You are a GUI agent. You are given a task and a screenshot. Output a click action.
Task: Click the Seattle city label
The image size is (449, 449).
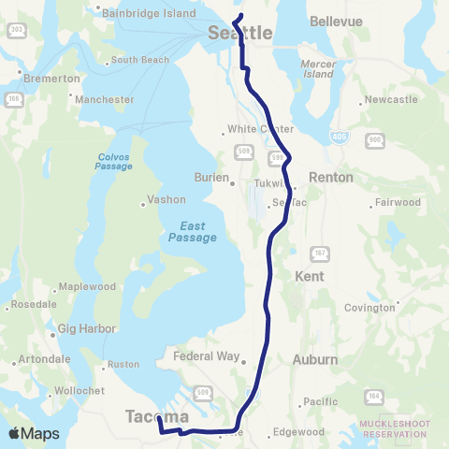(x=240, y=34)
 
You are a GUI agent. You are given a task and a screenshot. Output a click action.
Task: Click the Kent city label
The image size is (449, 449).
(x=309, y=277)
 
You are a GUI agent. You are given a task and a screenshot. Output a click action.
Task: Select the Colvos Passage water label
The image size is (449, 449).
(x=113, y=162)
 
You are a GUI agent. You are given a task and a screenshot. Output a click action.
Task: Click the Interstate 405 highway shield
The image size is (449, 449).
(x=340, y=138)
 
